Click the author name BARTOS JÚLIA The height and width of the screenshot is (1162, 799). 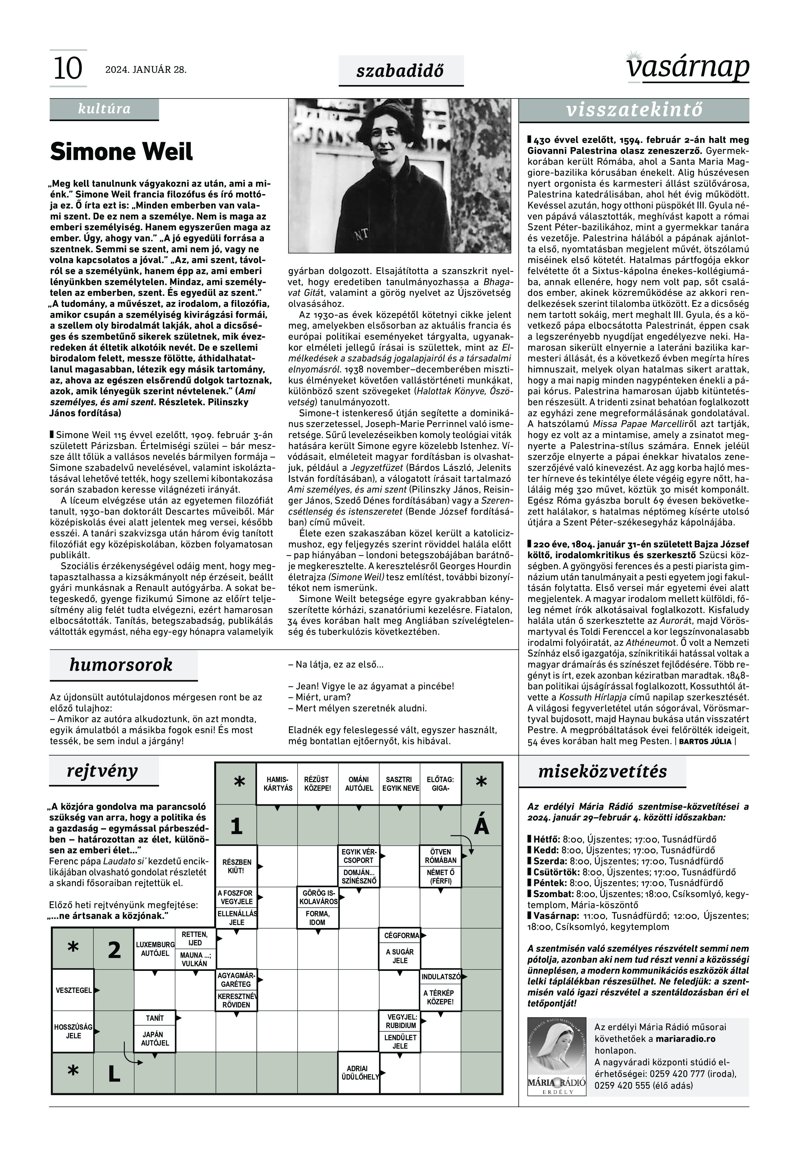pos(705,742)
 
